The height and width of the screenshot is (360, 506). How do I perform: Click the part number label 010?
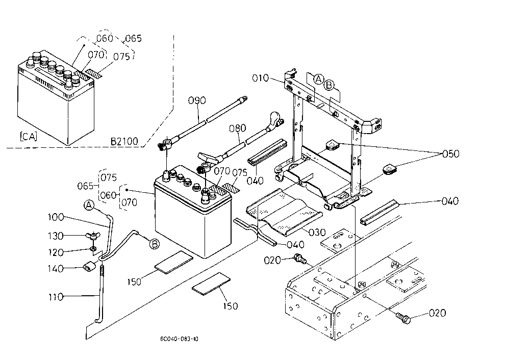260,78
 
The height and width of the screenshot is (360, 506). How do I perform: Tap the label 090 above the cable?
197,100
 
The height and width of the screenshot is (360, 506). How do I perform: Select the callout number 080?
238,128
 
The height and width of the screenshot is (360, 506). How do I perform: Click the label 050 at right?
450,154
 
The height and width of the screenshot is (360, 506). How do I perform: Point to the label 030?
317,232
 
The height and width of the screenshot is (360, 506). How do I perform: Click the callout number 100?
56,217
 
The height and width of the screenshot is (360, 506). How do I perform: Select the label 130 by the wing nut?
56,236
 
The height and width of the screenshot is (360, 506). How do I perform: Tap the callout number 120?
56,252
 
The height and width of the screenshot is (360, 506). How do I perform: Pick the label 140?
56,268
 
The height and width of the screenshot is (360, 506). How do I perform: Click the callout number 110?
56,296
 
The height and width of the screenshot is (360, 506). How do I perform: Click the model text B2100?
124,141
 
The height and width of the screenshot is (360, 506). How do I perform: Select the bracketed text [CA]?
29,137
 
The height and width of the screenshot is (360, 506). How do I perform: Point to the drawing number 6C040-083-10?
179,339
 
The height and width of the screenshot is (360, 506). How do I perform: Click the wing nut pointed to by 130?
93,236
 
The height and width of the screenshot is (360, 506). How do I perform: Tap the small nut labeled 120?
93,248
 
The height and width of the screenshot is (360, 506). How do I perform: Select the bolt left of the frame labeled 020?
300,259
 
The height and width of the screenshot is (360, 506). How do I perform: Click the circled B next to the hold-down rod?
155,244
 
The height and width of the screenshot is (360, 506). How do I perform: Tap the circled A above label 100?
89,205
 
